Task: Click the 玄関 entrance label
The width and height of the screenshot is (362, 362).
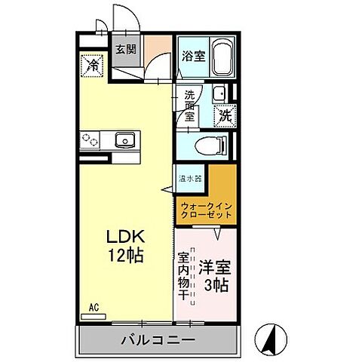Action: [x=125, y=50]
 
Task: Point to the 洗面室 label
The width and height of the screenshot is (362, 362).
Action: [x=190, y=106]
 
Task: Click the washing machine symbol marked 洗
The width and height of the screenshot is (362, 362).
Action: [x=225, y=116]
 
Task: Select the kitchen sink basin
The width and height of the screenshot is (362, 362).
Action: [x=124, y=139]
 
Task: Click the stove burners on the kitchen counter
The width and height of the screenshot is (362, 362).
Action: [x=92, y=139]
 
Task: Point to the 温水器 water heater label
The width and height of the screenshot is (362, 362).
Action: [x=190, y=179]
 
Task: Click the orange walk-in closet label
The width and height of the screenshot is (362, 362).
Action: [x=204, y=208]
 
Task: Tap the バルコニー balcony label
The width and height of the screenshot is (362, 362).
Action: [x=158, y=340]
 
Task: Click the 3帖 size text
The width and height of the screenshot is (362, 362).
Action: [x=216, y=286]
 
